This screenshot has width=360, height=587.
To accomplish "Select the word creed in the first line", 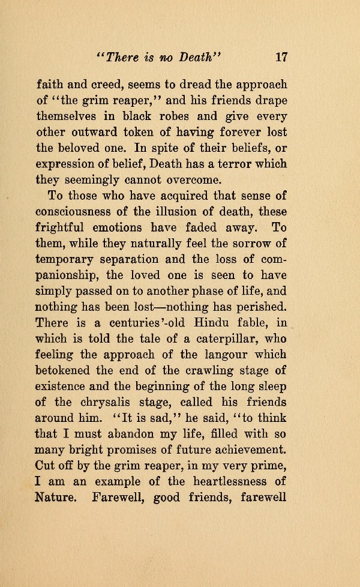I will coord(110,85).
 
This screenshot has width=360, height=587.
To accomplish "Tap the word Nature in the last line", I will coord(58,496).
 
